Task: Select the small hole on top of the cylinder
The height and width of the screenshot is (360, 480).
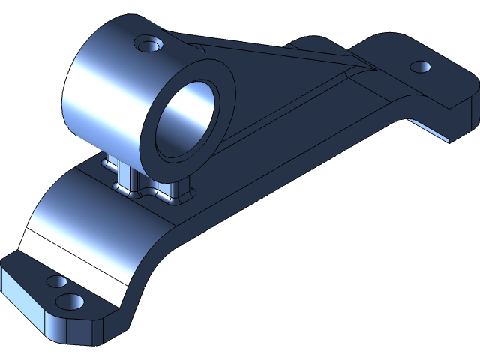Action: [147, 43]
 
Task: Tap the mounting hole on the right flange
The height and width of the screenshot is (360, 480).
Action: [421, 67]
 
